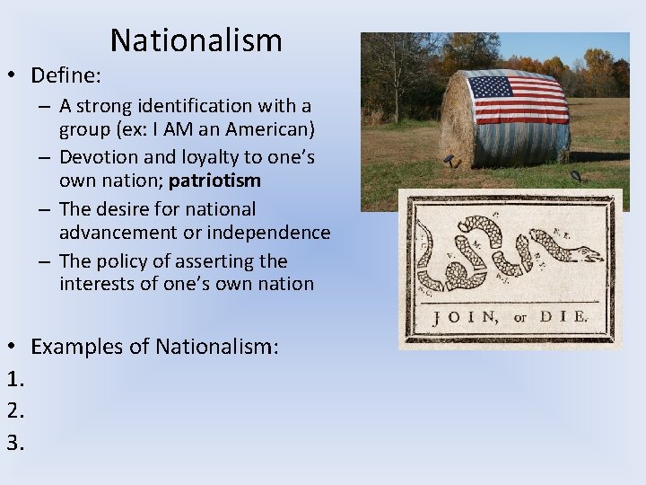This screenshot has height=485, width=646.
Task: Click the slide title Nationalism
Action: coord(196,40)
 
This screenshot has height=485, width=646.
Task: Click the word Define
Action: coord(65,75)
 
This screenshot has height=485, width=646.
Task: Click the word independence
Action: coord(274,233)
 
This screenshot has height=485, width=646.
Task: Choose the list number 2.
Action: coord(13,410)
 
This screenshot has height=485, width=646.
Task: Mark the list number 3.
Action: coord(13,441)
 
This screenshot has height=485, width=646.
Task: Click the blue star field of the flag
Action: coord(491,87)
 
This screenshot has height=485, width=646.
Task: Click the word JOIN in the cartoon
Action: coord(465,317)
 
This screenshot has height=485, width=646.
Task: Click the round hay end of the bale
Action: coord(457,120)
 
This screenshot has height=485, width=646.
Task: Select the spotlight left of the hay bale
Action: coord(450,160)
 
